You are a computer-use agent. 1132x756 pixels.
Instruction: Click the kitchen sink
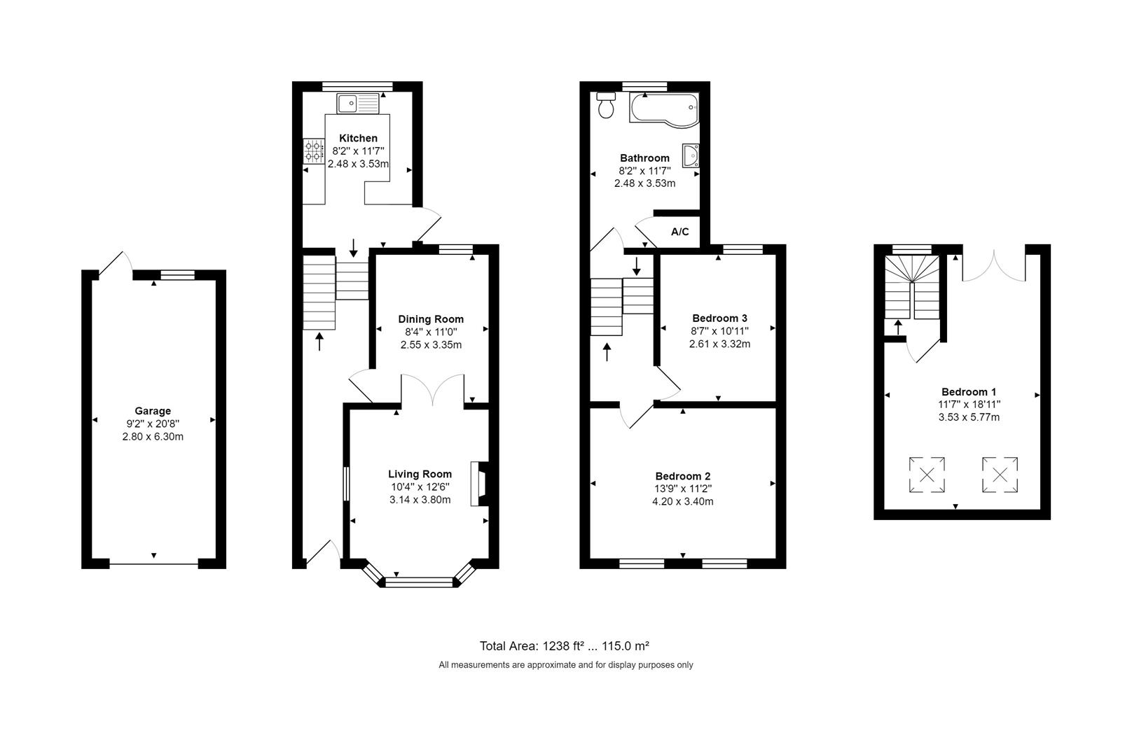click(358, 104)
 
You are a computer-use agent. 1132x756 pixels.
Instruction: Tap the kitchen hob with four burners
click(314, 151)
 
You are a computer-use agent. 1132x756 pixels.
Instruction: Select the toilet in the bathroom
click(605, 105)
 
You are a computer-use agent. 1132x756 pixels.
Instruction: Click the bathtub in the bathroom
click(664, 108)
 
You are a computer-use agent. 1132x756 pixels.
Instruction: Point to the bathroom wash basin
click(691, 155)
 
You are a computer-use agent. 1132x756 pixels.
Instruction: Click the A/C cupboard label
click(679, 232)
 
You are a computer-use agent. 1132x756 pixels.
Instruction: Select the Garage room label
click(153, 411)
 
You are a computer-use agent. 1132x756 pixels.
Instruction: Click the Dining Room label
click(431, 319)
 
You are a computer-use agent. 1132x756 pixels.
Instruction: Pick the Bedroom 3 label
click(719, 318)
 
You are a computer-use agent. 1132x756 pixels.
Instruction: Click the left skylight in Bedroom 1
click(927, 475)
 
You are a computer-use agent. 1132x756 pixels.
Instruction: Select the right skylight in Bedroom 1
click(1000, 475)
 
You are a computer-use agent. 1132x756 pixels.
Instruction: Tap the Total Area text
click(565, 646)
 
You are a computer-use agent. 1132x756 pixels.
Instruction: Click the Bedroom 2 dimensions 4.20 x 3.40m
click(683, 501)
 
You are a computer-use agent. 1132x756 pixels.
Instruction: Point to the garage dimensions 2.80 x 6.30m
click(153, 437)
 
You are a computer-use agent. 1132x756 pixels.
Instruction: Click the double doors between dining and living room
click(433, 390)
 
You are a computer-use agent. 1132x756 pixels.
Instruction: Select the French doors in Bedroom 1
click(994, 265)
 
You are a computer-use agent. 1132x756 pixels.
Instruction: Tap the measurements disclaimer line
click(565, 665)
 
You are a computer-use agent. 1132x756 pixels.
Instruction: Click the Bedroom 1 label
click(969, 392)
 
